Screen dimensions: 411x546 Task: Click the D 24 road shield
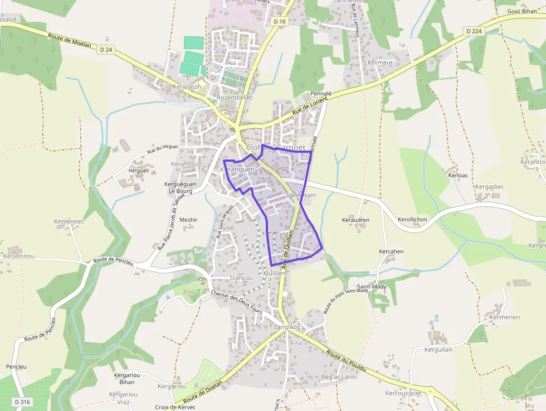(x=106, y=50)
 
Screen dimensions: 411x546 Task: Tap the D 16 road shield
(x=280, y=21)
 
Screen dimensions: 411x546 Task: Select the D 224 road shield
(x=474, y=31)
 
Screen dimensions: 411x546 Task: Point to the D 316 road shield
(x=22, y=402)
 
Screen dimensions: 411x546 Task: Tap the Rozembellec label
(x=235, y=98)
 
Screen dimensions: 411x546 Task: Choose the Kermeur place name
(x=381, y=62)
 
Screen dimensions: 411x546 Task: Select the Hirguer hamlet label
(x=139, y=171)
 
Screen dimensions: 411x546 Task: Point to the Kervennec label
(x=69, y=221)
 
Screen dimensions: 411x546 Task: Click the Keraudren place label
(x=355, y=220)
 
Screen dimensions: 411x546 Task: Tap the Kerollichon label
(x=412, y=220)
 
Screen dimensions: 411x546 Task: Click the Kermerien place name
(x=504, y=317)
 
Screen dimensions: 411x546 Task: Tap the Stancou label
(x=241, y=278)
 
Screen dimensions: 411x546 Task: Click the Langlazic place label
(x=287, y=327)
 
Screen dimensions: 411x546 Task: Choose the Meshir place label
(x=188, y=220)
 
